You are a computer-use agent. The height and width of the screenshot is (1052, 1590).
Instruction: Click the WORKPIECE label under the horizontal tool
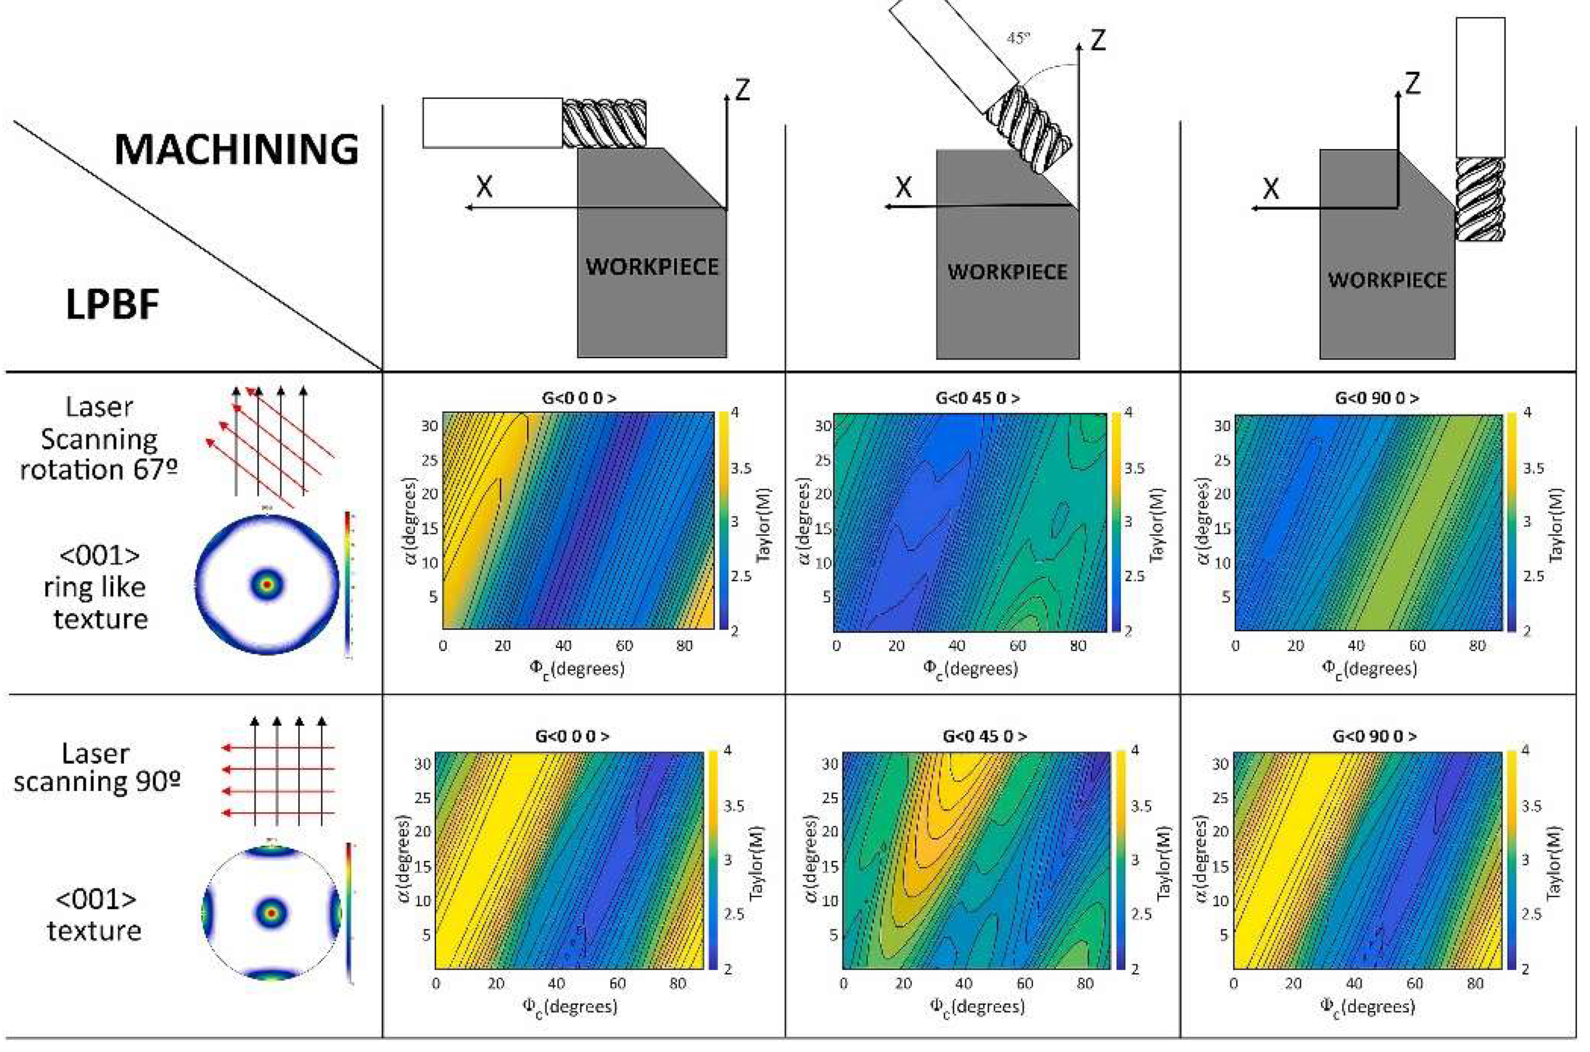[652, 267]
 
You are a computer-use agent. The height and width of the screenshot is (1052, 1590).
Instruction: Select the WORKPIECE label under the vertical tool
[1387, 280]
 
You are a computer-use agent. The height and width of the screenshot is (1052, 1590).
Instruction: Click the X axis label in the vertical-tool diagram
[1271, 189]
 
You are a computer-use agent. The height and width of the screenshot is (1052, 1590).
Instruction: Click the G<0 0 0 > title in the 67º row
[578, 398]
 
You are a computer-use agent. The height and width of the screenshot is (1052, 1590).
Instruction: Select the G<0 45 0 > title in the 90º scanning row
[984, 736]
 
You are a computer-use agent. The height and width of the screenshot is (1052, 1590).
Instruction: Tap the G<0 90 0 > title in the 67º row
[1377, 398]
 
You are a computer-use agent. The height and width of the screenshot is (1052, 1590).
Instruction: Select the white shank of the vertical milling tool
[1480, 87]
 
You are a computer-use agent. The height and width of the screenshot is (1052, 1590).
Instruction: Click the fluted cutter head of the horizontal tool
[604, 124]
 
